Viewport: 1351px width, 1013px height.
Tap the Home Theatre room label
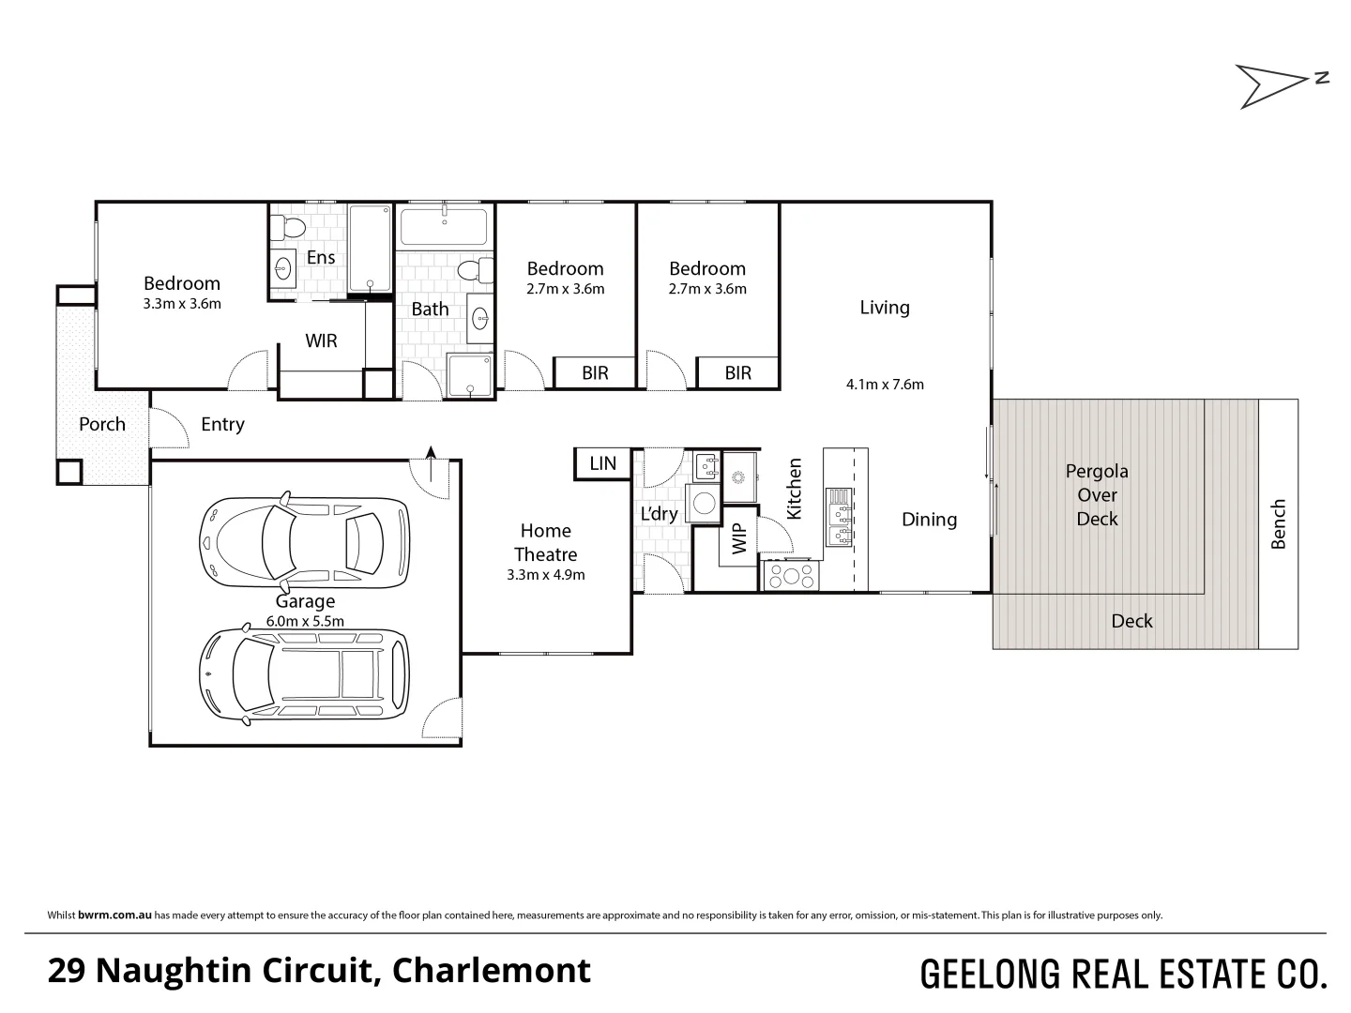point(545,543)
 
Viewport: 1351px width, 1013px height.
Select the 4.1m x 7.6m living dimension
point(885,384)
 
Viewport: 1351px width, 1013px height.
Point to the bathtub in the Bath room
point(444,228)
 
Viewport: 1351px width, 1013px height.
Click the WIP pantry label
point(739,538)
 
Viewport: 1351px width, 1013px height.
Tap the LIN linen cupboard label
point(602,463)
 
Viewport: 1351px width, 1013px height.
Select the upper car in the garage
point(304,542)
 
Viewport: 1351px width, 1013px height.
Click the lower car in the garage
point(304,673)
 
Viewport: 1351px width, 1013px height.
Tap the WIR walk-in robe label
point(321,340)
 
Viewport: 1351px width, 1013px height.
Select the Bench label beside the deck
point(1278,524)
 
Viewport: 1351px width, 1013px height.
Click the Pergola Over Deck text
point(1097,495)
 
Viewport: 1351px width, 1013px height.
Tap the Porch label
point(101,424)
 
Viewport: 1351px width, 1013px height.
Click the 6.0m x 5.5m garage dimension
point(305,621)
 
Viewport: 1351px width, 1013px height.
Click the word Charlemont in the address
point(491,970)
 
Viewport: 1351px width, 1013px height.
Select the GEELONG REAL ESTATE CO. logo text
point(1123,974)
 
